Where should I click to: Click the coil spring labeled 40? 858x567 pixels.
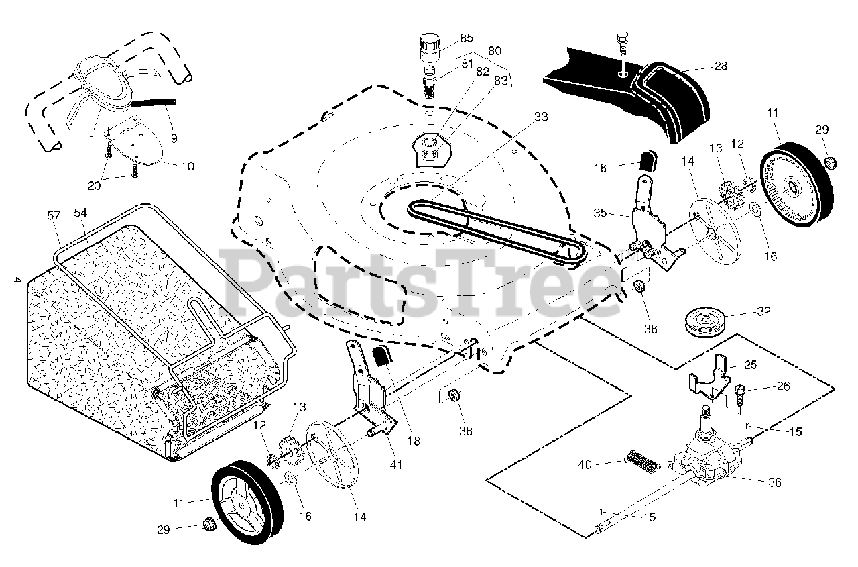642,462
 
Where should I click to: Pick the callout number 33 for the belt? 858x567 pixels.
541,117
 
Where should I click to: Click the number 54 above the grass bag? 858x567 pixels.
80,213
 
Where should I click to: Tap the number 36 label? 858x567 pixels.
774,482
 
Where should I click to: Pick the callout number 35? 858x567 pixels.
600,214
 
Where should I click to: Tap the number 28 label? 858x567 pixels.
721,66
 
